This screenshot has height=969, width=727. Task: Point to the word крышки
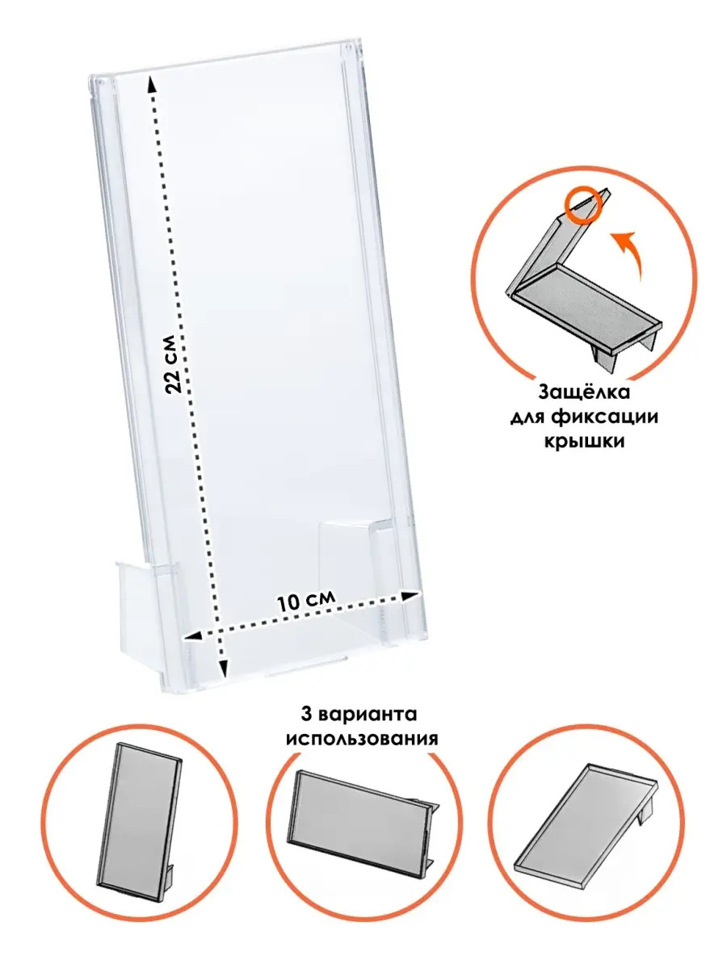[x=584, y=442]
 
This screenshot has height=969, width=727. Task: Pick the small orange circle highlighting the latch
[x=583, y=204]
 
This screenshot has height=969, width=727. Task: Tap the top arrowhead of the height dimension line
[x=151, y=83]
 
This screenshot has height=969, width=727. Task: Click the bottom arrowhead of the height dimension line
[x=225, y=679]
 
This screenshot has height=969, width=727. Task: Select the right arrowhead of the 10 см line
[x=410, y=596]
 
